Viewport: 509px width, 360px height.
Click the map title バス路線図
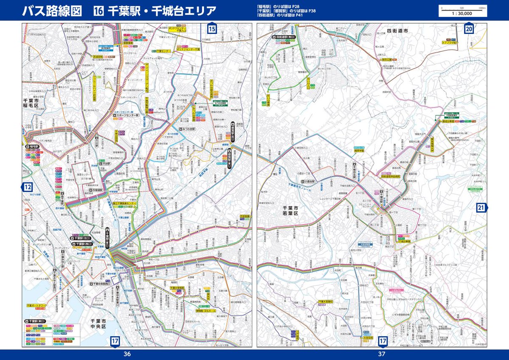pyautogui.click(x=52, y=11)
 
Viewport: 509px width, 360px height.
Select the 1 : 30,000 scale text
pyautogui.click(x=462, y=13)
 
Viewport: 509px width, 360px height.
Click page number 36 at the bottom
pyautogui.click(x=127, y=354)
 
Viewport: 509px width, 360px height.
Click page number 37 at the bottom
pyautogui.click(x=382, y=354)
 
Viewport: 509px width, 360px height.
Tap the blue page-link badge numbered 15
pyautogui.click(x=212, y=29)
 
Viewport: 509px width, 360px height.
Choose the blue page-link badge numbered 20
pyautogui.click(x=469, y=29)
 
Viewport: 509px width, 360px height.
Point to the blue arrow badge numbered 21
pyautogui.click(x=481, y=207)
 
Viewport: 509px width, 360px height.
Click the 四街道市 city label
pyautogui.click(x=397, y=31)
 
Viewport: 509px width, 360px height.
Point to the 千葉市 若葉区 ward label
pyautogui.click(x=291, y=211)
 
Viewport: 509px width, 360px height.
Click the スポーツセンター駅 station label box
pyautogui.click(x=127, y=115)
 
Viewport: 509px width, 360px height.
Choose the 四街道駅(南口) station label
pyautogui.click(x=286, y=37)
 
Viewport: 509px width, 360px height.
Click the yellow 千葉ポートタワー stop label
pyautogui.click(x=36, y=305)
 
